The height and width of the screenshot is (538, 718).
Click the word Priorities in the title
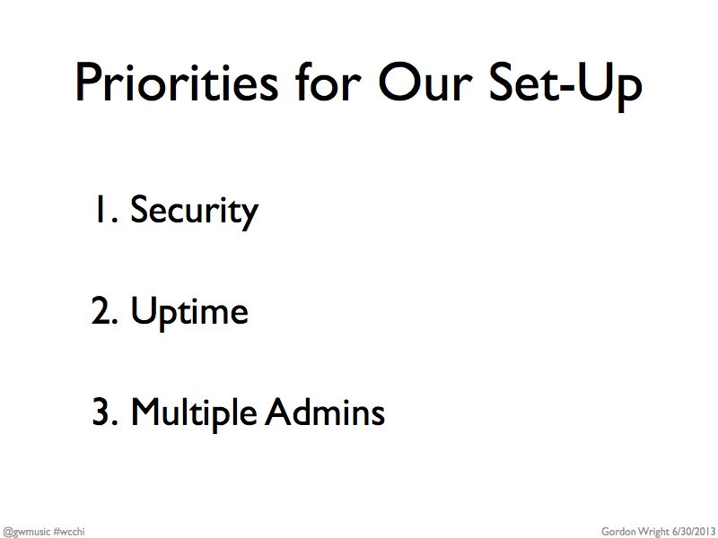(x=177, y=82)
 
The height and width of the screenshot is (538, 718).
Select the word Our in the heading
(x=425, y=82)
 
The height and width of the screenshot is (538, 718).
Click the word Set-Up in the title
(x=566, y=87)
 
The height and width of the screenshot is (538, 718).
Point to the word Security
(x=194, y=212)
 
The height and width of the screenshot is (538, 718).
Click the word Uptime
(x=189, y=312)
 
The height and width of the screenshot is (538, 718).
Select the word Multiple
(x=194, y=412)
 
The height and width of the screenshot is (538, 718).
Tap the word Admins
(x=325, y=411)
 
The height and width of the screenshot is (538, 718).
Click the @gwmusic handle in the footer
(x=26, y=532)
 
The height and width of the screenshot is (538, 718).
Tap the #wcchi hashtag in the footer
(x=69, y=532)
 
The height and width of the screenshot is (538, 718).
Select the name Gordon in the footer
(x=618, y=532)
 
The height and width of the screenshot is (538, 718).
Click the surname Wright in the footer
(x=653, y=532)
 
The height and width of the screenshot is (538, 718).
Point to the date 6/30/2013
(x=693, y=532)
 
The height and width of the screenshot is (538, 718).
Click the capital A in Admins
(x=279, y=411)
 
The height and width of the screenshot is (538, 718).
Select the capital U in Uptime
(x=143, y=310)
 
